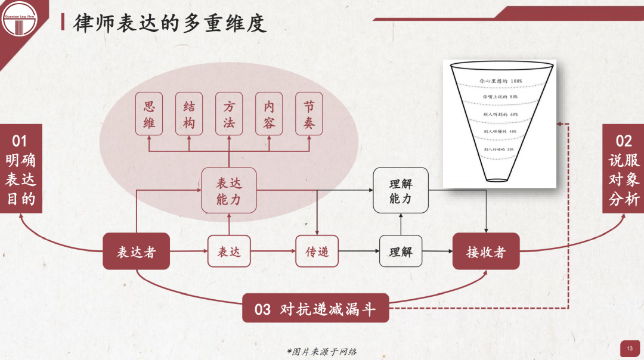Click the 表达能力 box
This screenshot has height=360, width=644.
(x=229, y=191)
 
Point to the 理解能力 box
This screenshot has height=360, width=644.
(x=401, y=191)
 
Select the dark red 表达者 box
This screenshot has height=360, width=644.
(x=136, y=252)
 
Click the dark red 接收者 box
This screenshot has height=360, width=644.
(x=486, y=252)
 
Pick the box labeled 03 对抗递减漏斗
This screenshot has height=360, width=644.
(x=315, y=308)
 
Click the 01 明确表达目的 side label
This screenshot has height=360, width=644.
(x=21, y=169)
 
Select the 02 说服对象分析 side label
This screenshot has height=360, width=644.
(x=623, y=169)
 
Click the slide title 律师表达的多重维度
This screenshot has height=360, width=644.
(x=170, y=23)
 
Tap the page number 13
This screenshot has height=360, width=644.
(x=629, y=347)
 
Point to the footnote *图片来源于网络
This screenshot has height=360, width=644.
(x=322, y=351)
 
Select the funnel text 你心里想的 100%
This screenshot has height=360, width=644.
(x=501, y=80)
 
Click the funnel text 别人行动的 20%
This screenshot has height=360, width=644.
(x=499, y=149)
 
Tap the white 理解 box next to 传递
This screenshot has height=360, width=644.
(x=400, y=252)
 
